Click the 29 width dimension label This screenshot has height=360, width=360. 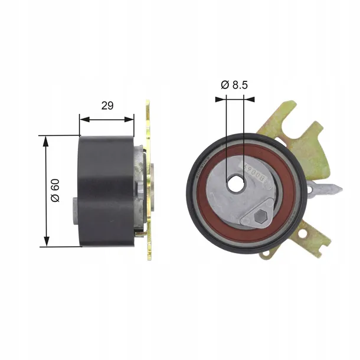(x=107, y=106)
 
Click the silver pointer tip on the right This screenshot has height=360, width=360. (x=334, y=190)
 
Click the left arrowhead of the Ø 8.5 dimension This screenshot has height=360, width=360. (x=221, y=99)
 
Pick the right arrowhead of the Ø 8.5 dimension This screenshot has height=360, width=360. (x=250, y=99)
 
